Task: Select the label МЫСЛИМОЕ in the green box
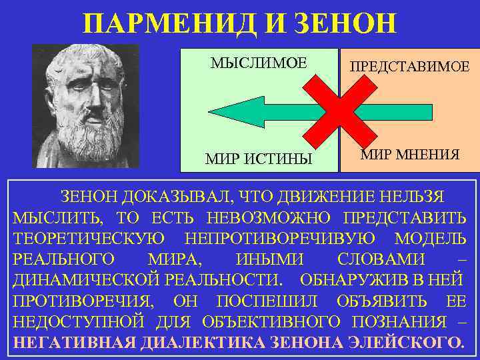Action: (259, 63)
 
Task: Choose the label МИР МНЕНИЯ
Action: (410, 156)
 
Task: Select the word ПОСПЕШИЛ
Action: (249, 301)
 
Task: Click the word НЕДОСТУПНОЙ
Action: (79, 322)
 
